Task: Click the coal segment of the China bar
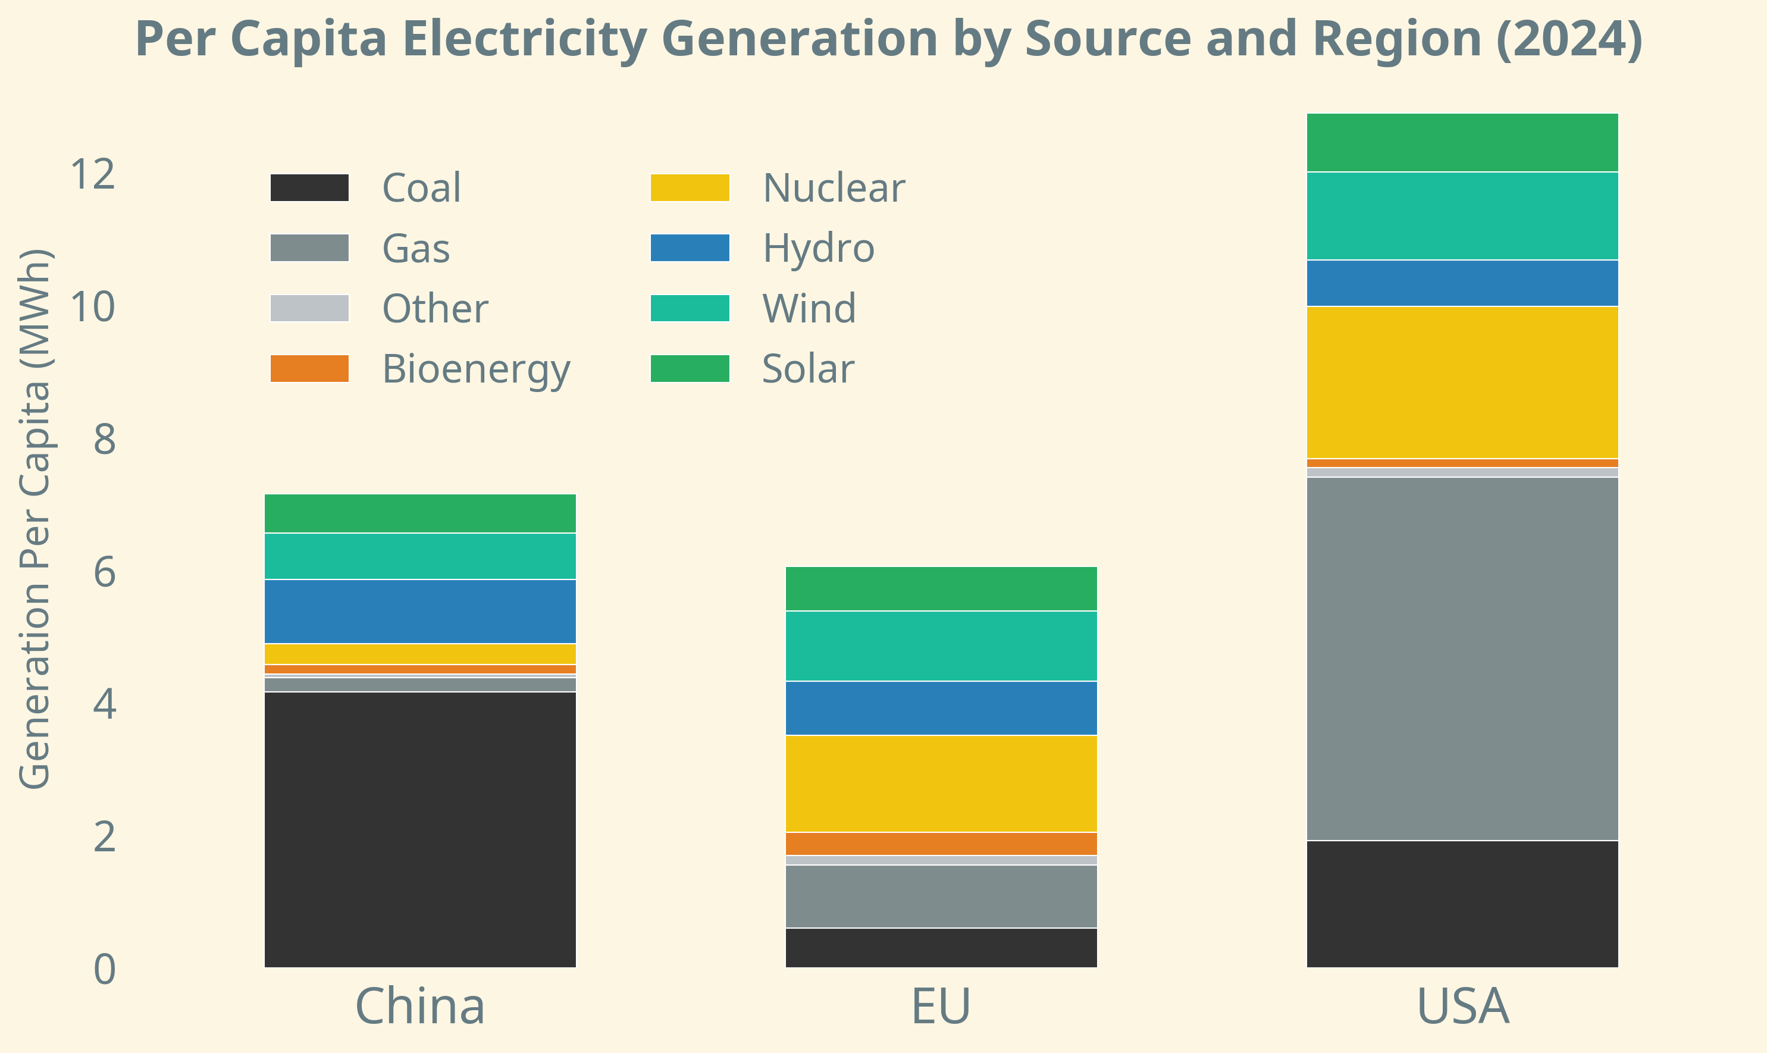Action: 420,829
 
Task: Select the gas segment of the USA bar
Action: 1462,659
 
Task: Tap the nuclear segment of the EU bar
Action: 941,784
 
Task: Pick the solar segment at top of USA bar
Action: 1462,142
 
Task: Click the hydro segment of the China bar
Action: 420,611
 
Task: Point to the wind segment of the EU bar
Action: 941,645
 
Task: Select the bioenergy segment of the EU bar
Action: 941,844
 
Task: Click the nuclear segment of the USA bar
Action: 1462,383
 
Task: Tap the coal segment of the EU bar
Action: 941,947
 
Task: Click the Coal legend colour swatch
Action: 309,187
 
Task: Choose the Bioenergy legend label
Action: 476,369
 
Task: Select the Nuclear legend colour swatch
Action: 690,187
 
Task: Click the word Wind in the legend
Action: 809,309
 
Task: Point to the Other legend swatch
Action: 309,308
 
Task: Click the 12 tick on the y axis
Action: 92,174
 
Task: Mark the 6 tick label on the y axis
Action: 104,572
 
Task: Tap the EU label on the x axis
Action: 941,1006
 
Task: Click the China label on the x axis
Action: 420,1006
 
